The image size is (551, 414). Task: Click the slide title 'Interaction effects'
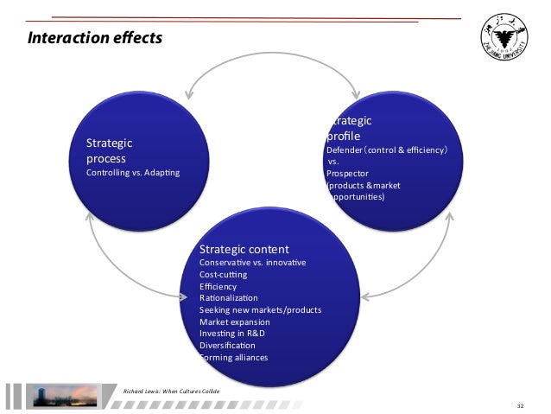(95, 38)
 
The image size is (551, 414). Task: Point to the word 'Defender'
(343, 150)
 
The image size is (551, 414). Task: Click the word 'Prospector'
(347, 173)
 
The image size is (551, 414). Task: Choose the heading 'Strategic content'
(244, 248)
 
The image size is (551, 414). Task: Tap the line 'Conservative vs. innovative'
(252, 262)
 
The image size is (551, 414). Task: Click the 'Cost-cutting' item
(223, 274)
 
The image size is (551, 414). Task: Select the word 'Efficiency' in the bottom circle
(218, 286)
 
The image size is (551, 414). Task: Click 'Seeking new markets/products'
(260, 309)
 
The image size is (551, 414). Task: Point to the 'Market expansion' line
(234, 322)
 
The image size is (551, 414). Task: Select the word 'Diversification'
(227, 346)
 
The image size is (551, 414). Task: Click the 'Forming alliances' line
(235, 357)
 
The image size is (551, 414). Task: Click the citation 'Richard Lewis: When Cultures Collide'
(173, 391)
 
